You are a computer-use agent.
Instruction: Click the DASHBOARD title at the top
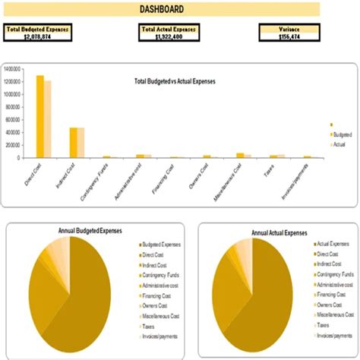click(x=160, y=9)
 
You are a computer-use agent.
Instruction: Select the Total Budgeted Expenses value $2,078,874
click(x=37, y=36)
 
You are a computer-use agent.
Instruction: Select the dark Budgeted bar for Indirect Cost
click(x=73, y=142)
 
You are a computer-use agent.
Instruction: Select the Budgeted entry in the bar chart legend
click(x=340, y=134)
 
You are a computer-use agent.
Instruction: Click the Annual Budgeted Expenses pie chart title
click(x=90, y=230)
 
